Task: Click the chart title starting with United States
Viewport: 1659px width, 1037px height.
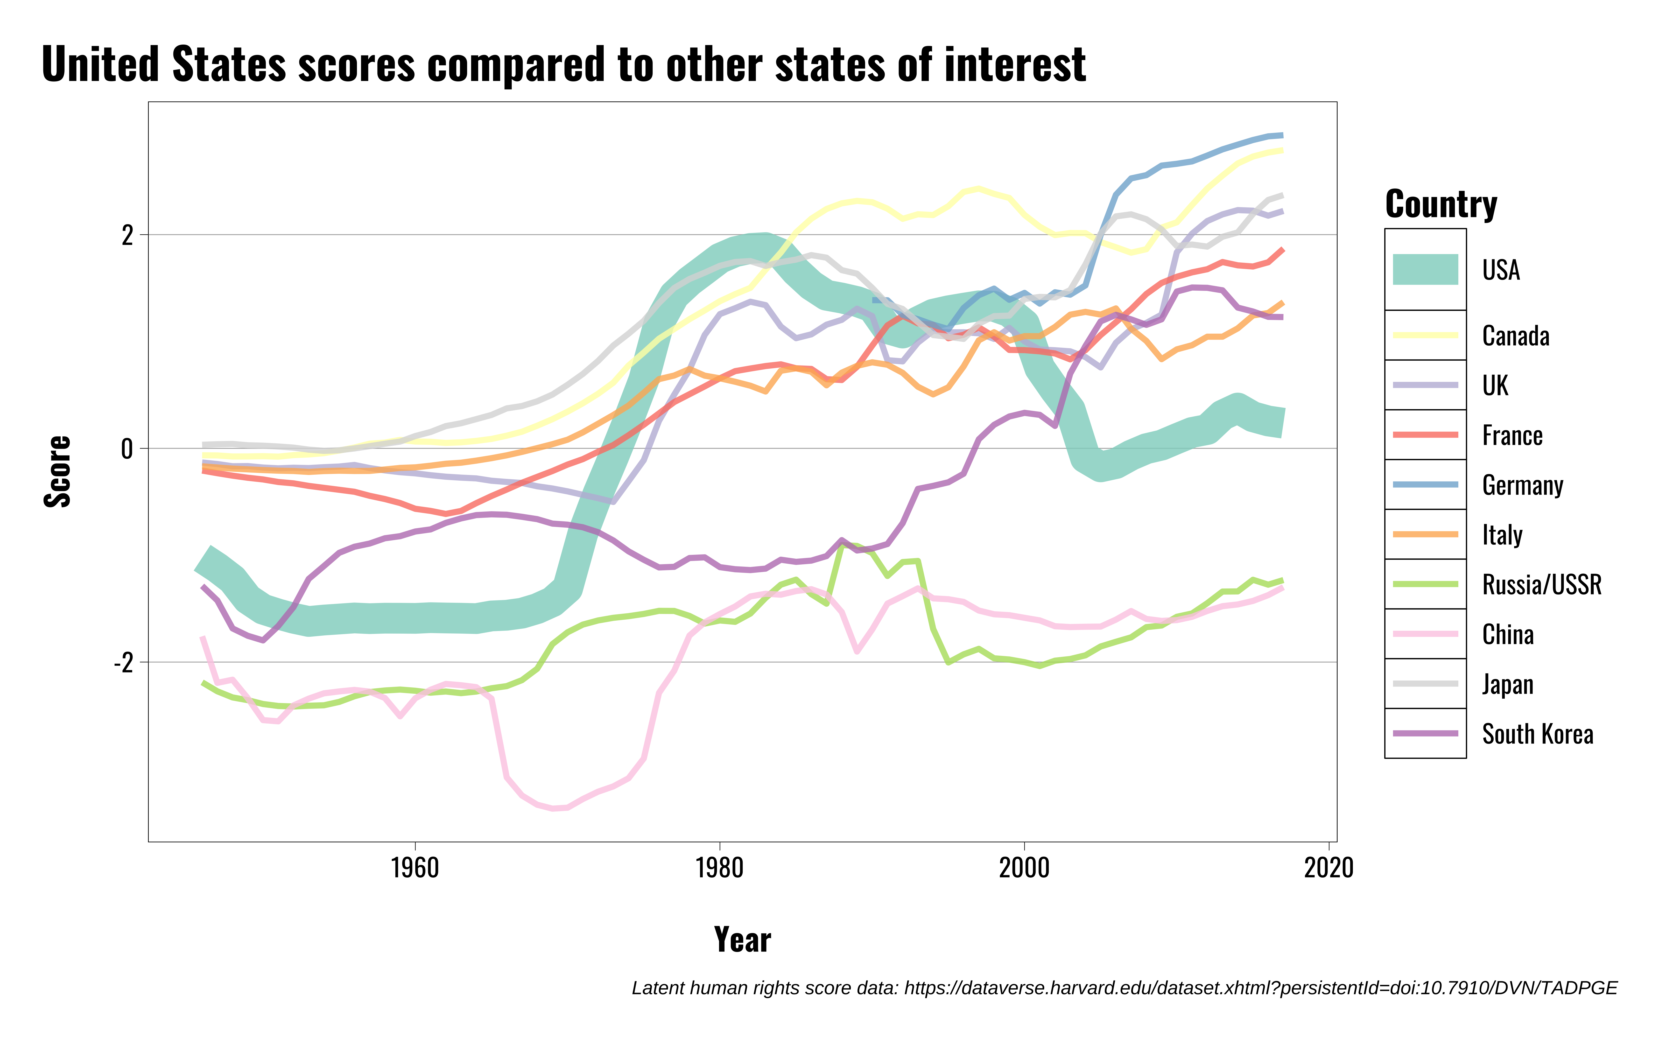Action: pos(564,65)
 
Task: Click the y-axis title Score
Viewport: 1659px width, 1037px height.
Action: pos(58,471)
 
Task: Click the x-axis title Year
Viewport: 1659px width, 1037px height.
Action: pos(742,940)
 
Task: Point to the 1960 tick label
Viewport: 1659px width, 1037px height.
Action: pos(415,868)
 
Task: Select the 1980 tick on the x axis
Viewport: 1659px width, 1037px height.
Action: pos(719,868)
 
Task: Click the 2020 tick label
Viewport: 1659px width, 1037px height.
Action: pos(1328,868)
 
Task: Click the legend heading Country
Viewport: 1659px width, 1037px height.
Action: pos(1441,204)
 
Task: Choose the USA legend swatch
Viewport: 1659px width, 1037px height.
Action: pos(1425,270)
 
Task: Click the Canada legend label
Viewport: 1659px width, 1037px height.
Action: pos(1516,336)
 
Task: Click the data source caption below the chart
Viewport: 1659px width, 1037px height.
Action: pos(1124,988)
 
